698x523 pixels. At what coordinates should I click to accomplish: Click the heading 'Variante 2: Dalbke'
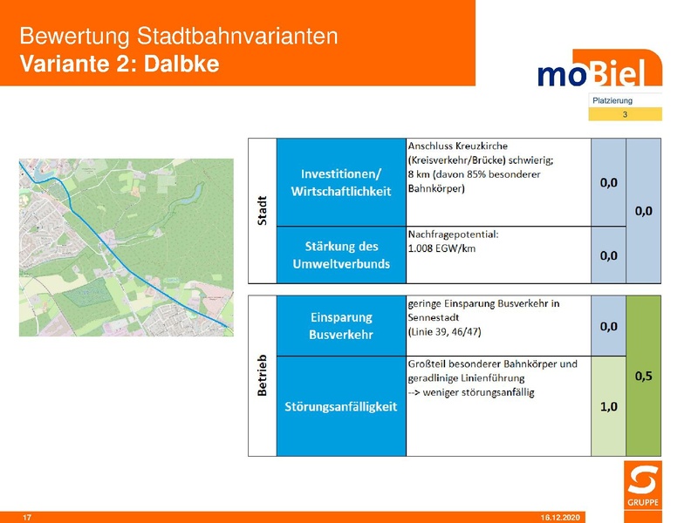119,64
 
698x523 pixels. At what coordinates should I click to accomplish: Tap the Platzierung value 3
625,114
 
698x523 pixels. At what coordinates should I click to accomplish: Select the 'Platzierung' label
612,100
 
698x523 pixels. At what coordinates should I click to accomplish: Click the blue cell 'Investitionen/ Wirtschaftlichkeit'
341,182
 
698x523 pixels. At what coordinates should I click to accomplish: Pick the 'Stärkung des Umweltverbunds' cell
341,255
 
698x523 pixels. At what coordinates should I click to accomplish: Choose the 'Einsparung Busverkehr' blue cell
341,326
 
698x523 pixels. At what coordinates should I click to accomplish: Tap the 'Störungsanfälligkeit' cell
341,406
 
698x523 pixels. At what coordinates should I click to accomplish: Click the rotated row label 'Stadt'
263,210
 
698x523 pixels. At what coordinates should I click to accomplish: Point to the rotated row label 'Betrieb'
263,376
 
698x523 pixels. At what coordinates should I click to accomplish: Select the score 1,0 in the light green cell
608,406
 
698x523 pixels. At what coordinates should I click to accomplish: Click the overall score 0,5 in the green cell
644,376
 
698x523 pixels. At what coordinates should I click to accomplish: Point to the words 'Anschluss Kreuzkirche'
457,146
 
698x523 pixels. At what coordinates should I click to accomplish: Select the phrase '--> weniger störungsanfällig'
471,392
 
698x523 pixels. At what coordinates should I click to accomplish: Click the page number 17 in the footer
27,518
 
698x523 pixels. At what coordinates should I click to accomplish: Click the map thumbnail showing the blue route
127,247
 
